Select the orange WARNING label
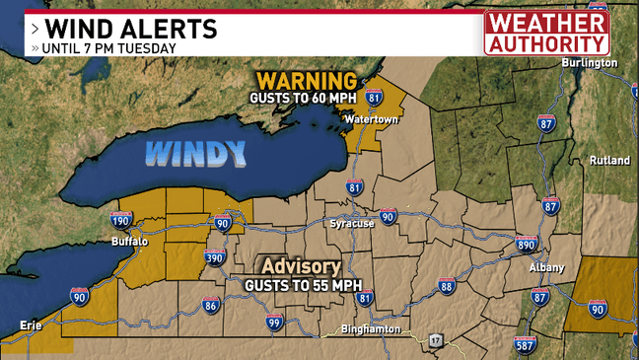click(307, 79)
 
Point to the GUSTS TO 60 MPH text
click(303, 98)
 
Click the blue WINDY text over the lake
click(195, 153)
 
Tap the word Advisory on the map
click(301, 267)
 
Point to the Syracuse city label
click(352, 224)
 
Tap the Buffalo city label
click(129, 242)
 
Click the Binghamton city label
click(368, 328)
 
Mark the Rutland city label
click(608, 160)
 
